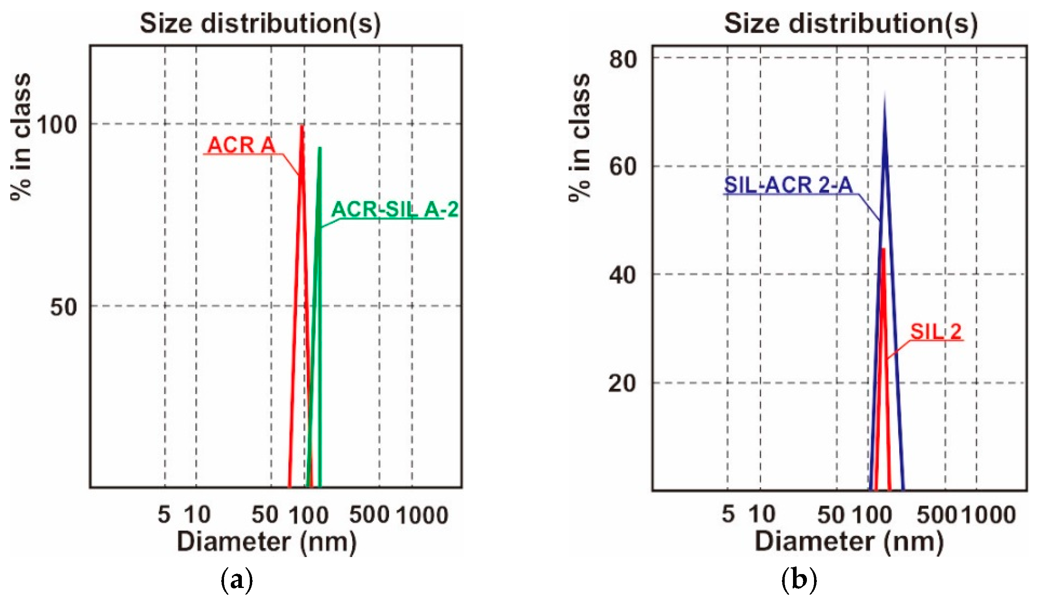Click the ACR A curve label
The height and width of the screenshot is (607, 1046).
point(241,145)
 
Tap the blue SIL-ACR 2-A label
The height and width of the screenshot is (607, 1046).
point(788,185)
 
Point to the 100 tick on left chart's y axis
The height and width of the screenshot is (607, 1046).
point(57,125)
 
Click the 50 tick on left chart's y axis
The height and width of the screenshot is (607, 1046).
point(63,307)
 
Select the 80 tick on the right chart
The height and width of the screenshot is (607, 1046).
point(623,59)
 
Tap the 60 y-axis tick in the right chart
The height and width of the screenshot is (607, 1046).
point(623,167)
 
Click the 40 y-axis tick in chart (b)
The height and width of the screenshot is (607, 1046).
point(623,275)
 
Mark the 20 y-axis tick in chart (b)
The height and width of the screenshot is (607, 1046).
point(623,383)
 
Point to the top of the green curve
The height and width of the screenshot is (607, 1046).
point(319,148)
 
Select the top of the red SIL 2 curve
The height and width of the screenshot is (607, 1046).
point(883,250)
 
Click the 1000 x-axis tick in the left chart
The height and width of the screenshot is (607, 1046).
point(422,515)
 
